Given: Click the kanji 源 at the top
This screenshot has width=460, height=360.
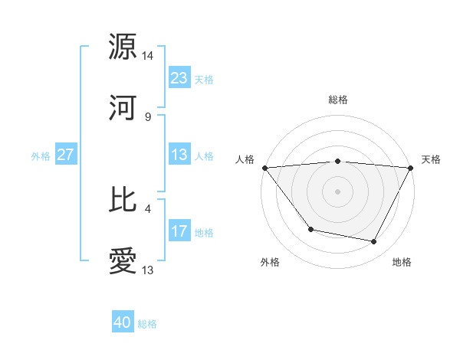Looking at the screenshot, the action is click(x=123, y=47).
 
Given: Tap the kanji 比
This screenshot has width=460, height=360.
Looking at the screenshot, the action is click(x=123, y=200).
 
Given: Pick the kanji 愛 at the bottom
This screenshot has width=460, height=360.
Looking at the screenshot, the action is click(x=123, y=261).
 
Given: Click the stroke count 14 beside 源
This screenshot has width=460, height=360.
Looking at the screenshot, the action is click(x=148, y=56).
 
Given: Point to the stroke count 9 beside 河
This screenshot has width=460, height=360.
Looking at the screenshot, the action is click(x=147, y=117).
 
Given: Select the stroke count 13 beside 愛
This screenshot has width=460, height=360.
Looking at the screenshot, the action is click(x=148, y=270).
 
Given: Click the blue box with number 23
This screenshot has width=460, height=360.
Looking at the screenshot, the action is click(x=179, y=78).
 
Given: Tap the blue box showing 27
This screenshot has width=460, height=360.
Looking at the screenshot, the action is click(x=66, y=155).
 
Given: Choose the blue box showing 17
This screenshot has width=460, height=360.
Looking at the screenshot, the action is click(x=179, y=231).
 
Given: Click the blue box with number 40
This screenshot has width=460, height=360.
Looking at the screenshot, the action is click(x=123, y=323).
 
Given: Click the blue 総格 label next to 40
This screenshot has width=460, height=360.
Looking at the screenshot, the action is click(x=147, y=324).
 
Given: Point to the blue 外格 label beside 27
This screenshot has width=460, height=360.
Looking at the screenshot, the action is click(x=41, y=155).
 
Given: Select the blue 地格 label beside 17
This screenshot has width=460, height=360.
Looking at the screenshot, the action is click(x=204, y=232).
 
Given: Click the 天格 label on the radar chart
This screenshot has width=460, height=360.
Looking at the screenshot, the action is click(x=431, y=159).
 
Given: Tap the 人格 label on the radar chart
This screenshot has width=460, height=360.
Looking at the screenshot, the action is click(x=245, y=159).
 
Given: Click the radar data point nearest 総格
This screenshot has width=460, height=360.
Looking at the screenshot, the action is click(x=337, y=161).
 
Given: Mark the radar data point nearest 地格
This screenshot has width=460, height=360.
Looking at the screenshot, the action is click(x=374, y=242).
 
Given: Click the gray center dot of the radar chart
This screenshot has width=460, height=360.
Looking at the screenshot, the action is click(x=337, y=191).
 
